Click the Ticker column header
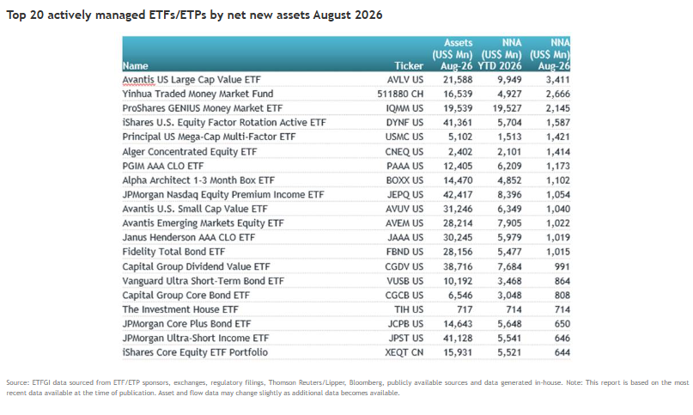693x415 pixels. point(409,66)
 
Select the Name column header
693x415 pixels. point(135,66)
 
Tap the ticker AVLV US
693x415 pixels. point(404,80)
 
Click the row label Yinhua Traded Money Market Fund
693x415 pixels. point(198,94)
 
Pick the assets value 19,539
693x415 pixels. point(458,108)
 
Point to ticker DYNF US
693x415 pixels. point(404,123)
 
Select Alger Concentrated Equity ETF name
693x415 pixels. point(190,152)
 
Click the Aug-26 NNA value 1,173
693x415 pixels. point(558,166)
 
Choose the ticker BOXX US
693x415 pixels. point(404,180)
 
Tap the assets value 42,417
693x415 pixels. point(458,195)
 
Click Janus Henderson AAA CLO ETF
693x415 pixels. point(189,238)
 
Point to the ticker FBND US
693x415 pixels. point(404,252)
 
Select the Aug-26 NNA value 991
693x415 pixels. point(561,266)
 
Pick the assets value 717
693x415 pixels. point(465,309)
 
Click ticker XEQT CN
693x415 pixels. point(404,352)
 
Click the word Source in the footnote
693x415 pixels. point(16,382)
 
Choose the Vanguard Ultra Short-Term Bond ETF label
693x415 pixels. point(204,281)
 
